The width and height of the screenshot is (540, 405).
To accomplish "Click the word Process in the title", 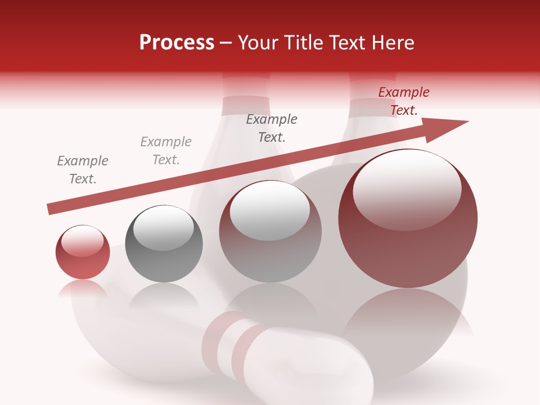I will [x=177, y=43].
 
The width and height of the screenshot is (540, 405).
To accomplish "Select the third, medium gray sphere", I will [x=270, y=231].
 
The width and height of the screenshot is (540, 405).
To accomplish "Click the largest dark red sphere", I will [x=408, y=219].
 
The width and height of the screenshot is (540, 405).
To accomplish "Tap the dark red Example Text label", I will [x=404, y=101].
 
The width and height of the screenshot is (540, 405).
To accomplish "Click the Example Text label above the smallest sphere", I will [x=83, y=170].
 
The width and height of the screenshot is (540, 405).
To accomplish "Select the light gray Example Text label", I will [x=166, y=151].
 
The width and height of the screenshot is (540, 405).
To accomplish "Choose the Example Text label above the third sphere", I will [x=272, y=128].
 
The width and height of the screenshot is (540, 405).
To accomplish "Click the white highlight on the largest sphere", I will [x=407, y=188].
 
